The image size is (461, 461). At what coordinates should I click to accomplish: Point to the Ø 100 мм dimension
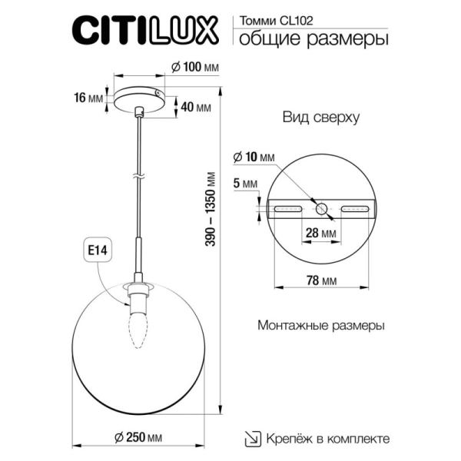pos(193,68)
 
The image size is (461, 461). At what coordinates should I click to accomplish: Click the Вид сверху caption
pos(310,117)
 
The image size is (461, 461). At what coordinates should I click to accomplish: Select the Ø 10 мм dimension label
pos(254,158)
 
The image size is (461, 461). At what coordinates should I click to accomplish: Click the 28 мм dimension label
pos(320,233)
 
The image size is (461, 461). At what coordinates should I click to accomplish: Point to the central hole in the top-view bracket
pos(321,208)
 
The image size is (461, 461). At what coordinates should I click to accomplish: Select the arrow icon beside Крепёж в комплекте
pos(253,438)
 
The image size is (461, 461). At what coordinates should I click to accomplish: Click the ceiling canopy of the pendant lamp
pos(138,98)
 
